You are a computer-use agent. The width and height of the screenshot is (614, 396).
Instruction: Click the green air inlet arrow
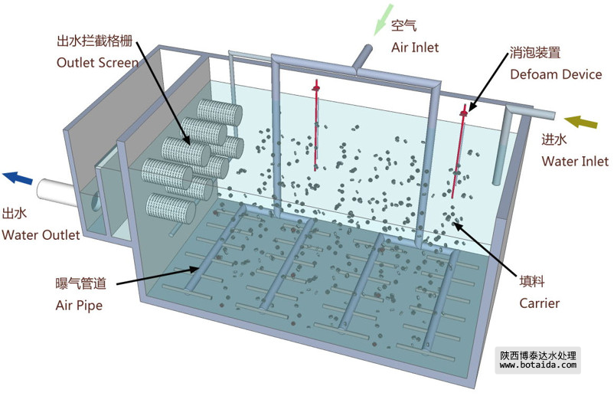380,21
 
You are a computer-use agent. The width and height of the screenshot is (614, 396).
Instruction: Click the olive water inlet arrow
580,123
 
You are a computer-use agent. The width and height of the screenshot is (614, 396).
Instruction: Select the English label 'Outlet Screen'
98,63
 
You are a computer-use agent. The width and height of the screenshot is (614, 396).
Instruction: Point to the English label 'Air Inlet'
415,47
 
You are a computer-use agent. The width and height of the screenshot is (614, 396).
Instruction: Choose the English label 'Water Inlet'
575,161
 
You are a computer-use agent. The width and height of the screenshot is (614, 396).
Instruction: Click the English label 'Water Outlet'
41,234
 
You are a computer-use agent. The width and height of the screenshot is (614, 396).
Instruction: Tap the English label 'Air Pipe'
79,305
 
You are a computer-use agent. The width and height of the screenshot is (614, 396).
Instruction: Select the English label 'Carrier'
540,303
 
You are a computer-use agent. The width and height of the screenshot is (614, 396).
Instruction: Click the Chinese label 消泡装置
535,54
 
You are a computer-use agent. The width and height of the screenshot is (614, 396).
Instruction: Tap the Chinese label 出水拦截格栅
97,41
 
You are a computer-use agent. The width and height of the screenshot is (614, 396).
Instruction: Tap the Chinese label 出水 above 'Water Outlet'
16,214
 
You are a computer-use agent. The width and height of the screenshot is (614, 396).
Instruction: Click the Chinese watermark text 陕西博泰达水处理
537,355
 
